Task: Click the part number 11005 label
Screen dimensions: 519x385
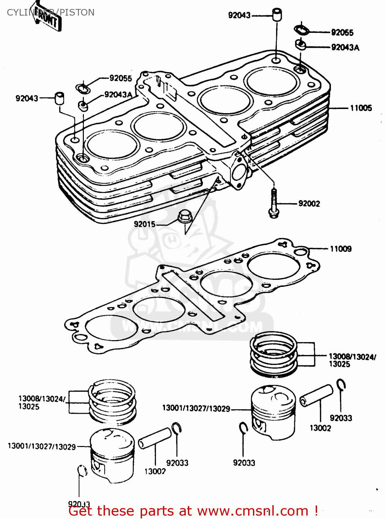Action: (361, 108)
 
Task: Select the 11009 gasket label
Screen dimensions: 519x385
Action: (340, 249)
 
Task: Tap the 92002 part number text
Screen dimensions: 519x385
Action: (309, 203)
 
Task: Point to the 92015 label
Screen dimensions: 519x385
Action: (145, 224)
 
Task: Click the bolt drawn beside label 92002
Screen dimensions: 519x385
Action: (274, 204)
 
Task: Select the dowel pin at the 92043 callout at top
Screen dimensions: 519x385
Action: (277, 15)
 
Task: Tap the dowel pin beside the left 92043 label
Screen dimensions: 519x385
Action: (60, 98)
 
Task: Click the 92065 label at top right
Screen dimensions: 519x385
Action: (342, 33)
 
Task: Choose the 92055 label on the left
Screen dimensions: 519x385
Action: (121, 78)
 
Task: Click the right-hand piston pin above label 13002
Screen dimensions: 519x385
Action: (316, 395)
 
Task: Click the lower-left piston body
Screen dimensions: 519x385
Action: (112, 455)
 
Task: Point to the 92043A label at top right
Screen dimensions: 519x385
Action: (345, 47)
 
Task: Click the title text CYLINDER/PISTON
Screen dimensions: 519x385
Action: (51, 12)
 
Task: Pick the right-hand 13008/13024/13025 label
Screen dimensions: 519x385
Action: (352, 360)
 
